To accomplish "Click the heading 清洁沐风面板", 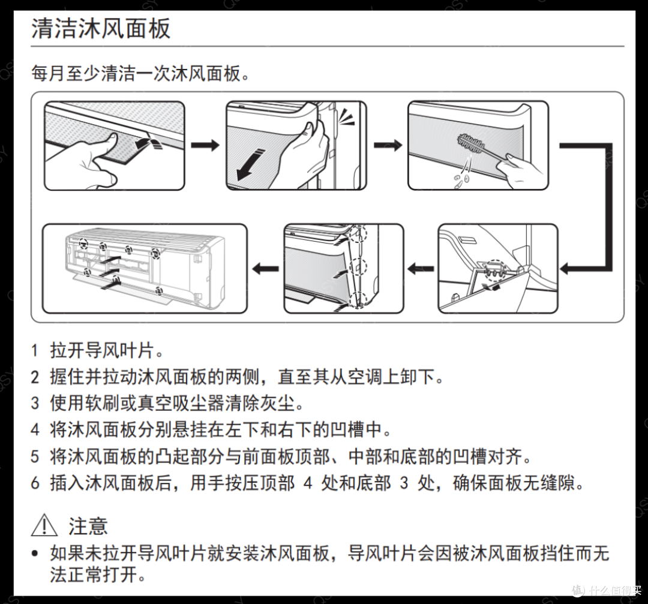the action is (x=101, y=28).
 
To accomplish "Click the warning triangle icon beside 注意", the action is (x=44, y=525).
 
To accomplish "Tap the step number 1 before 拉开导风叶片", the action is (x=35, y=350).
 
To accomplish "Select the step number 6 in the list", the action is (x=35, y=482).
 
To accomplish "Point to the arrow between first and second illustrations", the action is (x=205, y=145).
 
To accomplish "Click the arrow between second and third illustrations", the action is (x=388, y=145).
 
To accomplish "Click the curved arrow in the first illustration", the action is (x=148, y=143).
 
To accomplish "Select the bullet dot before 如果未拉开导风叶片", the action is (x=35, y=553).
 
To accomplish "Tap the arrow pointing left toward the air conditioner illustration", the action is (x=265, y=269).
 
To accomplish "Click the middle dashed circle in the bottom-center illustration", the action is (x=358, y=267).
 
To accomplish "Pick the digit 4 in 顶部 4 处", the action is (x=308, y=482).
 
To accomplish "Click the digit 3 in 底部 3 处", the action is (x=404, y=482).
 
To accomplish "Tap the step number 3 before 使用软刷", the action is (x=35, y=403).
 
